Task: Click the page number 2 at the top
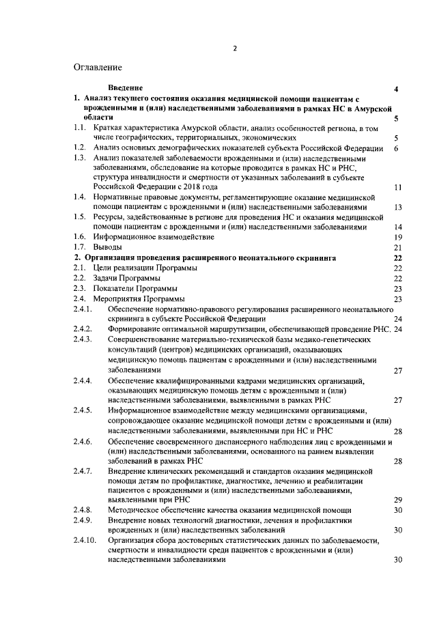(x=234, y=48)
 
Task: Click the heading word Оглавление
(x=98, y=68)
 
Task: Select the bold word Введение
(x=126, y=89)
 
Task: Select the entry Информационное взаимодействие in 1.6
(x=154, y=236)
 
